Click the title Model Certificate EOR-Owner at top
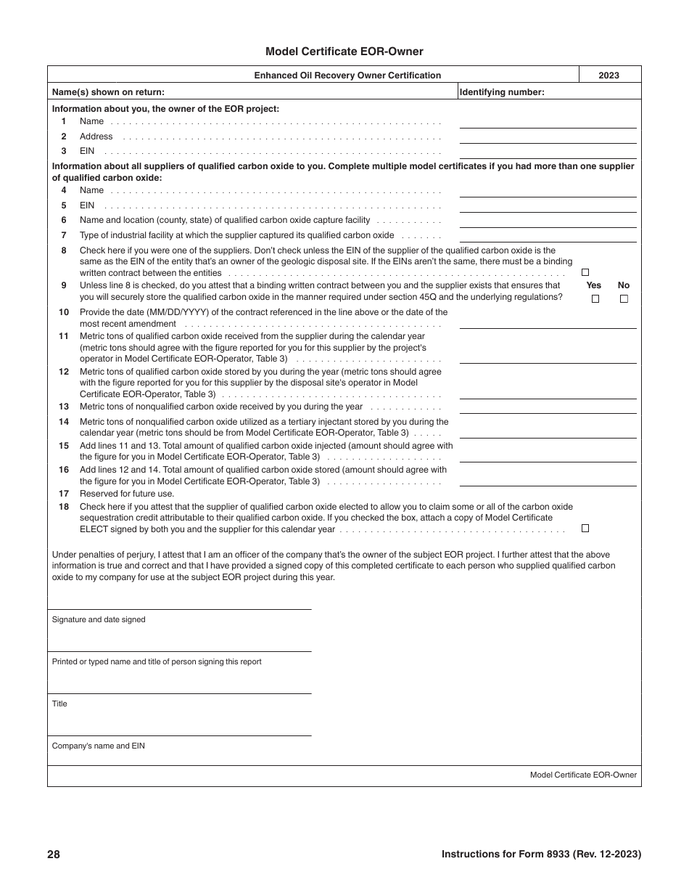(x=344, y=52)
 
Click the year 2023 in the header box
(x=609, y=76)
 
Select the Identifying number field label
(x=502, y=92)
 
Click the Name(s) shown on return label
(x=108, y=92)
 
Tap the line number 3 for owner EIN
(x=64, y=151)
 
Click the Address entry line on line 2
(x=548, y=136)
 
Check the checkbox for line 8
(x=585, y=273)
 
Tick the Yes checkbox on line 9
(x=595, y=298)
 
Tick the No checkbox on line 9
(x=624, y=298)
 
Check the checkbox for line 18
(x=585, y=529)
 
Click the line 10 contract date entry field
(x=548, y=322)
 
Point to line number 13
(x=64, y=407)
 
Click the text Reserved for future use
(x=127, y=494)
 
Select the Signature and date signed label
(x=99, y=619)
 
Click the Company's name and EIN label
(x=99, y=746)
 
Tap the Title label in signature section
(x=59, y=704)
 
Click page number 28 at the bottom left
(x=54, y=855)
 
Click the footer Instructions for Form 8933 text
(x=541, y=855)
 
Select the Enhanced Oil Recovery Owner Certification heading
(x=347, y=76)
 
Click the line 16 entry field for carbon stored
(x=548, y=479)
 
